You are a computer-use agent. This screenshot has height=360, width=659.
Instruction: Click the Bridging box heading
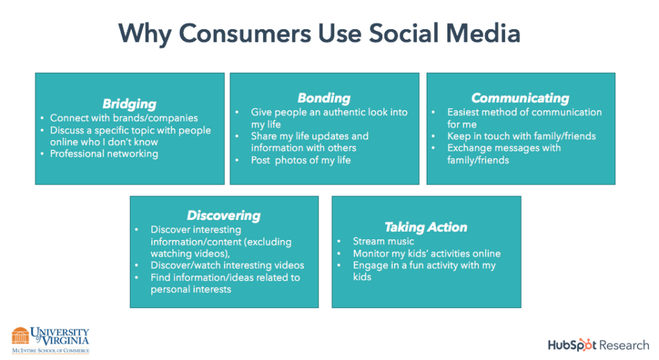(130, 104)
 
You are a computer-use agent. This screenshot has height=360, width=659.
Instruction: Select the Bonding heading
(324, 98)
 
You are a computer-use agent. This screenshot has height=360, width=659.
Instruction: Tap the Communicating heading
(520, 98)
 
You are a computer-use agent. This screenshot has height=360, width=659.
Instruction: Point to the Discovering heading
(223, 216)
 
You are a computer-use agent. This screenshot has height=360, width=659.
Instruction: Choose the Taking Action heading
(426, 228)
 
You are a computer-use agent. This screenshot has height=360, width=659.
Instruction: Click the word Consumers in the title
(246, 33)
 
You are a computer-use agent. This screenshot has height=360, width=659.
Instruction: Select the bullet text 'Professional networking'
(104, 154)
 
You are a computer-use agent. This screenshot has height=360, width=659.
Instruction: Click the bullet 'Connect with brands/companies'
(124, 118)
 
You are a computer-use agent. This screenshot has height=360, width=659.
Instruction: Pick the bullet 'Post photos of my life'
(301, 160)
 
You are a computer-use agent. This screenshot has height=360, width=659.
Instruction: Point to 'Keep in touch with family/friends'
(522, 136)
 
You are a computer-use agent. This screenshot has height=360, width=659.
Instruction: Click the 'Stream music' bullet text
(384, 241)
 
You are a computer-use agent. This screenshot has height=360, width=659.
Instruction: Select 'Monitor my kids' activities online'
(427, 253)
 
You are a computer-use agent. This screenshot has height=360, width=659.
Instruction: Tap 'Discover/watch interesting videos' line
(228, 265)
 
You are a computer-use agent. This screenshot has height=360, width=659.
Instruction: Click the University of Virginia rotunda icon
(20, 336)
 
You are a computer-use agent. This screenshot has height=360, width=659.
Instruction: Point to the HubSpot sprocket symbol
(583, 345)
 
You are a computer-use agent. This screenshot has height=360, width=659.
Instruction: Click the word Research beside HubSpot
(624, 345)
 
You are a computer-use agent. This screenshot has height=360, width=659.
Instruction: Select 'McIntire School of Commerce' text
(51, 350)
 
